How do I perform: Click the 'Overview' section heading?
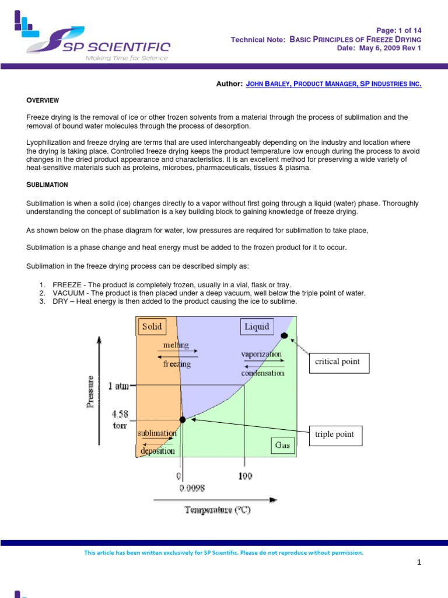[x=43, y=100]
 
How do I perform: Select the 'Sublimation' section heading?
[x=47, y=185]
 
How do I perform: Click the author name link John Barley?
[x=334, y=84]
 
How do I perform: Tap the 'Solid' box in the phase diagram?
[x=152, y=326]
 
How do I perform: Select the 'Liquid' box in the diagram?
[x=257, y=326]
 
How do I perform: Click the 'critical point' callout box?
[x=337, y=361]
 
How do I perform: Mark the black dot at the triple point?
[x=183, y=419]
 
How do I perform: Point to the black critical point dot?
[x=284, y=335]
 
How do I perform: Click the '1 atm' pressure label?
[x=119, y=385]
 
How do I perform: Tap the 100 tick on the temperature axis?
[x=245, y=476]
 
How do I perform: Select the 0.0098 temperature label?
[x=191, y=488]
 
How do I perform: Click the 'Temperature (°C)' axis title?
[x=218, y=510]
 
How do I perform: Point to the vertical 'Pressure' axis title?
[x=91, y=392]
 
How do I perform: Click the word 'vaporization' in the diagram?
[x=261, y=354]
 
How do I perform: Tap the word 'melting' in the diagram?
[x=176, y=345]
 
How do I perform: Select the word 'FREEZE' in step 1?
[x=67, y=284]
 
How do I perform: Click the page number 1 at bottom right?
[x=419, y=562]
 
